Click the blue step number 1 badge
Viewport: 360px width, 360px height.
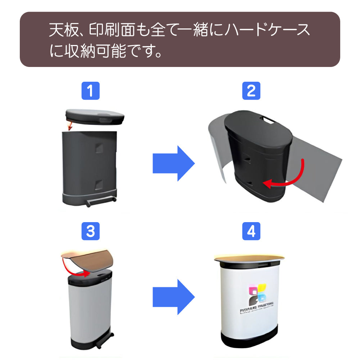(x=90, y=91)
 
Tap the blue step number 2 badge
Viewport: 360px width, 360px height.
(x=251, y=91)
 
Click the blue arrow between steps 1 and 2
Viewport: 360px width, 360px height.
(x=174, y=163)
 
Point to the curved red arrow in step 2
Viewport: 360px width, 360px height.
(x=288, y=178)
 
